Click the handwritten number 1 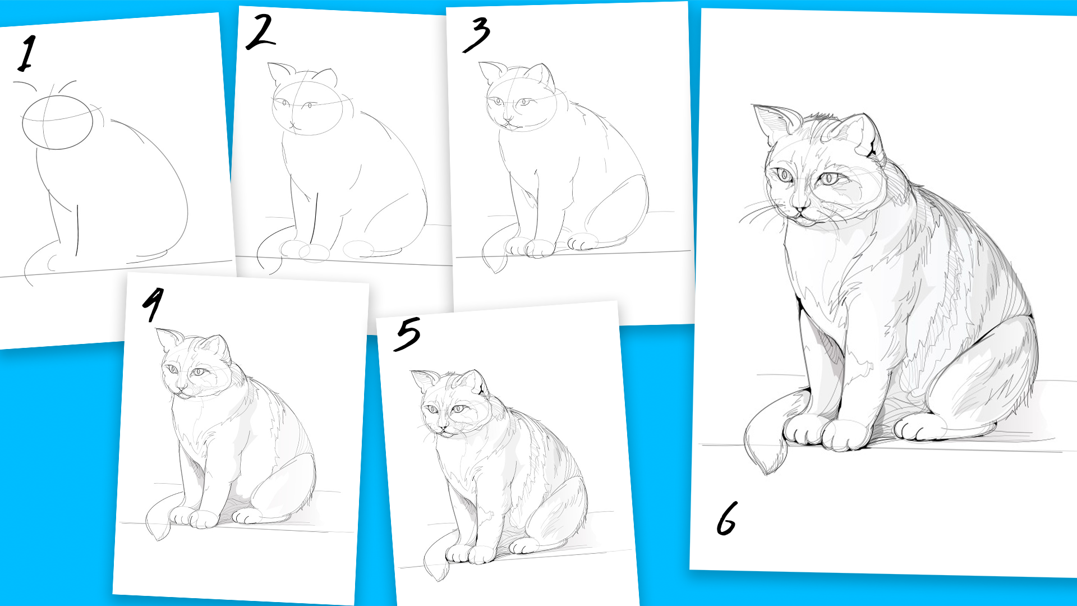tap(26, 54)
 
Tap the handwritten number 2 tap(261, 31)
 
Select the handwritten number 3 tap(476, 34)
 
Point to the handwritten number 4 tap(153, 304)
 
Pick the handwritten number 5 tap(407, 334)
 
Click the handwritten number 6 tap(727, 518)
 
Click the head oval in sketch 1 tap(57, 122)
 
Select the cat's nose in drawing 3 tap(507, 120)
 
